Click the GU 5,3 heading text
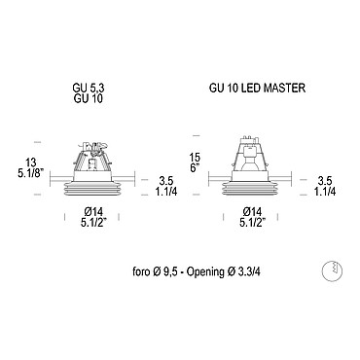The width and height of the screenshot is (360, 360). pos(89,89)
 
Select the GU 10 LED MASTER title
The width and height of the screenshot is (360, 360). pos(257,88)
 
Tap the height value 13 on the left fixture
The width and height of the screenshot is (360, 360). pos(31,162)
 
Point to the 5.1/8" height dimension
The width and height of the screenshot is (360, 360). pos(31,173)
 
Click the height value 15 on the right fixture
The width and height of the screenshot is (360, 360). pos(196,158)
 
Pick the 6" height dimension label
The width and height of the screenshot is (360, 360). pos(196,168)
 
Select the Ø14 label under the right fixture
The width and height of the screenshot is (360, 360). pos(252,212)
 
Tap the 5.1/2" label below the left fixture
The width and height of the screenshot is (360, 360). pos(93,223)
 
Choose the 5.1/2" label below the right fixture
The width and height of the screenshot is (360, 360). pos(253,223)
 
